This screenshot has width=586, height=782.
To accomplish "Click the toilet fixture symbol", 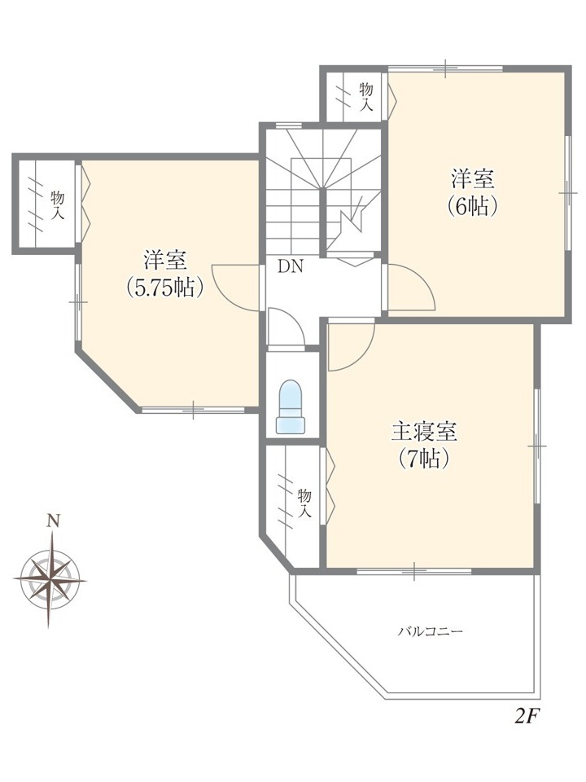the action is click(x=291, y=407).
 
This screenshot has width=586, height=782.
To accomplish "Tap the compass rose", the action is click(x=50, y=579).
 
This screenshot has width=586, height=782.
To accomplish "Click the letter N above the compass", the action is click(x=54, y=521).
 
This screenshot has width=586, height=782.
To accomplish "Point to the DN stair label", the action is click(x=291, y=267).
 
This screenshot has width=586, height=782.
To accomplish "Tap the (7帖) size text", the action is click(x=424, y=459).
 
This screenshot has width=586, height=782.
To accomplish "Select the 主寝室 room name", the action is click(x=424, y=432).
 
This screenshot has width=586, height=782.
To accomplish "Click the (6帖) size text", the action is click(x=472, y=205).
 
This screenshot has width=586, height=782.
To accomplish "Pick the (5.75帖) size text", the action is click(x=165, y=288).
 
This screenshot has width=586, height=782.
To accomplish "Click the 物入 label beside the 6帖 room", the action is click(x=366, y=97).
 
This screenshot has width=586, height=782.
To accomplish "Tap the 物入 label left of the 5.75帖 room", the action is click(x=58, y=205).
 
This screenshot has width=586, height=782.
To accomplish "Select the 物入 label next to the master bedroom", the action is click(x=304, y=503).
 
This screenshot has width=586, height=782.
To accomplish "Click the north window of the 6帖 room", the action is click(x=445, y=68).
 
